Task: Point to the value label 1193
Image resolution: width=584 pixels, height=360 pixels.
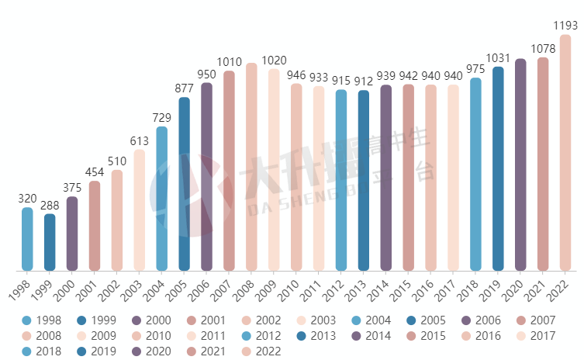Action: tap(565, 26)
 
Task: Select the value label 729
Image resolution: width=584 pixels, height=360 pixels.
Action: tap(162, 117)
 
